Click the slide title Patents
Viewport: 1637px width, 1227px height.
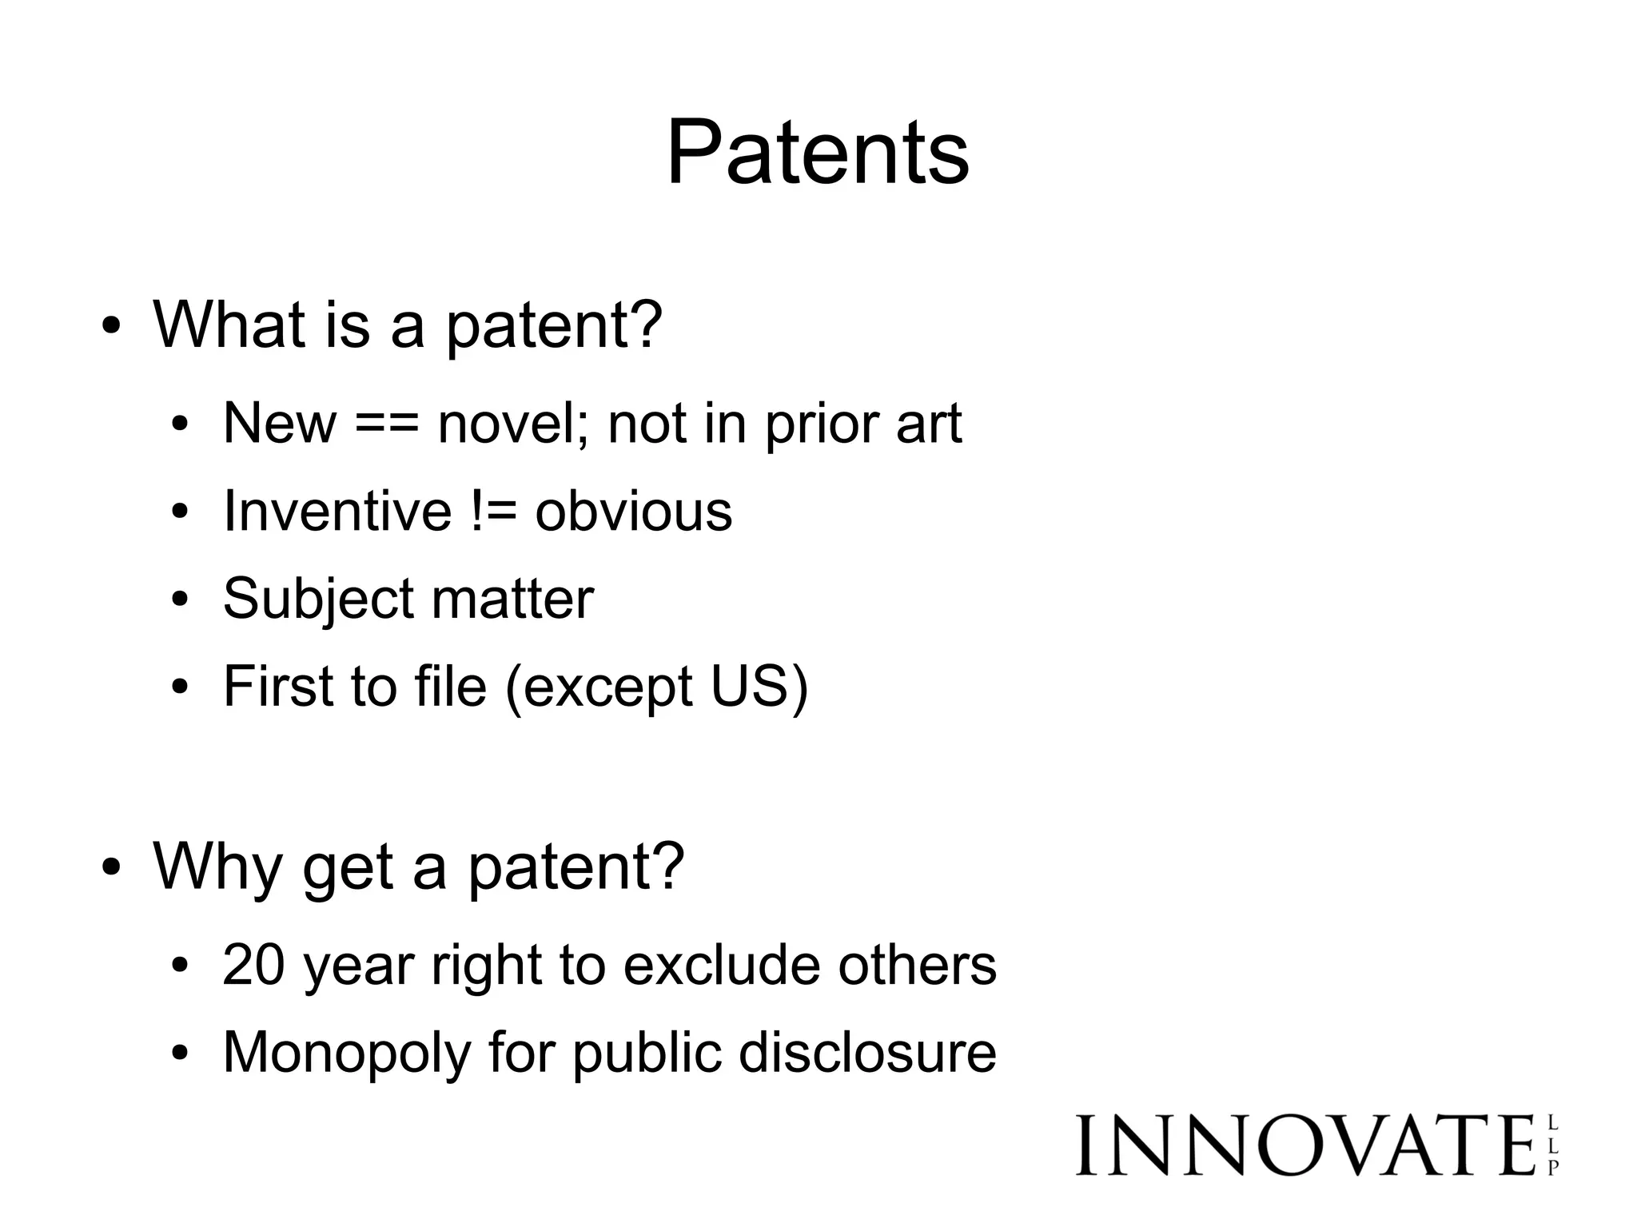818,152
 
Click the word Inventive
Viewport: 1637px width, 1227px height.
337,511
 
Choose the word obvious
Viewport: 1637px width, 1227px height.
633,511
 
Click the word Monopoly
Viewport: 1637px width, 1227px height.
347,1054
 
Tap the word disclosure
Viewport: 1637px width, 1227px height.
867,1052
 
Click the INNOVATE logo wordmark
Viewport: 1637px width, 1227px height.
1305,1145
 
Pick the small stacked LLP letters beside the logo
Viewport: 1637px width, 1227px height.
1553,1146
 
